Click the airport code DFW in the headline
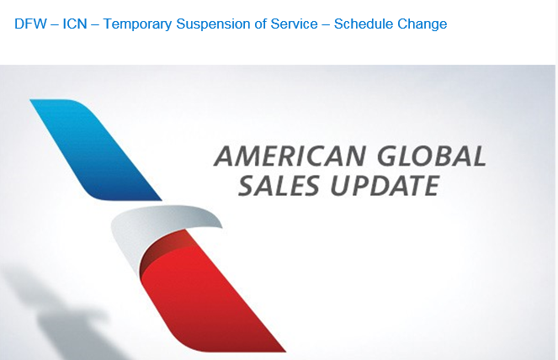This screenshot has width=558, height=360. pyautogui.click(x=30, y=24)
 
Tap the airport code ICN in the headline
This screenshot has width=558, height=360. pyautogui.click(x=75, y=24)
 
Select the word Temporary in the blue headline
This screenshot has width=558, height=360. pyautogui.click(x=137, y=24)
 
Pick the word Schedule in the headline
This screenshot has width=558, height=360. pyautogui.click(x=364, y=24)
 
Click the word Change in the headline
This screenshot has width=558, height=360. pyautogui.click(x=422, y=24)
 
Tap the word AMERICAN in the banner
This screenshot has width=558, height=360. pyautogui.click(x=290, y=156)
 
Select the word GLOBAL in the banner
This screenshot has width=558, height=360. pyautogui.click(x=431, y=156)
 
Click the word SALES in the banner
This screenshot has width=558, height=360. pyautogui.click(x=279, y=185)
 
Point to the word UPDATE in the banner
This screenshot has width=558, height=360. pyautogui.click(x=385, y=185)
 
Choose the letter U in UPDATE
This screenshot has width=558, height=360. pyautogui.click(x=341, y=185)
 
